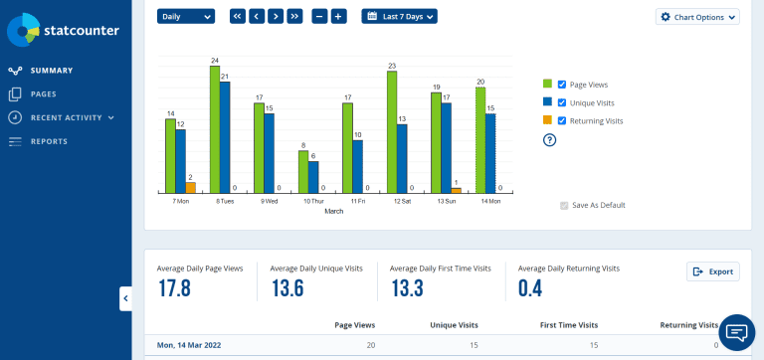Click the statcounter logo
64,31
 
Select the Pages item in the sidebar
43,94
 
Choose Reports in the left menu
49,141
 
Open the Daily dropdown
186,16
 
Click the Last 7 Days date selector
399,16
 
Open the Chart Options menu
698,17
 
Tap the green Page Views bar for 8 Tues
215,129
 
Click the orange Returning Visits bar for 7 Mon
190,187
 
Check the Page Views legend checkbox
563,85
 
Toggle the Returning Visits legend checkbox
563,120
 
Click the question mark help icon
549,139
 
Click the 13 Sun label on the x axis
446,201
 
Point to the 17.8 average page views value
175,288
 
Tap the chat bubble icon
736,332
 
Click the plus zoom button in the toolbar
338,16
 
